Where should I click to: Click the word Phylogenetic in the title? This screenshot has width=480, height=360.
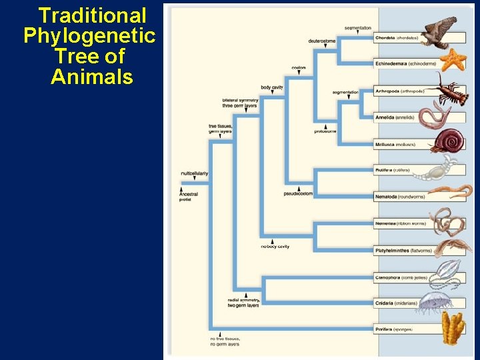pyautogui.click(x=89, y=35)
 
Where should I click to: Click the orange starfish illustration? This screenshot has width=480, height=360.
pyautogui.click(x=453, y=59)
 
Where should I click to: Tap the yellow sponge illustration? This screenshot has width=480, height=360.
pyautogui.click(x=453, y=331)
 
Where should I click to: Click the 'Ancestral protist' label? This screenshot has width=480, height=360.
pyautogui.click(x=189, y=197)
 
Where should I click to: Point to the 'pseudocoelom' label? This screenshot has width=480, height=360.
pyautogui.click(x=298, y=193)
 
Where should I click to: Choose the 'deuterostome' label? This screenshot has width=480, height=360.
pyautogui.click(x=322, y=41)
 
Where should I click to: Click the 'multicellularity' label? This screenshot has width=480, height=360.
pyautogui.click(x=194, y=173)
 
